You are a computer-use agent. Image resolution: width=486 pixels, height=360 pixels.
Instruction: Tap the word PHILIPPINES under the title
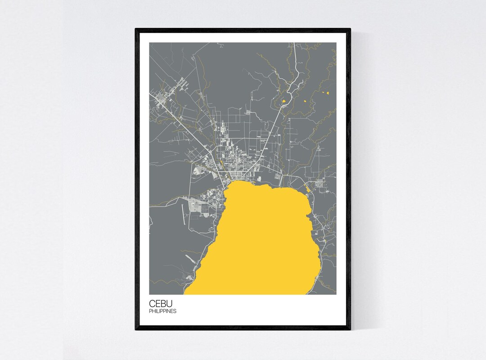[163, 311]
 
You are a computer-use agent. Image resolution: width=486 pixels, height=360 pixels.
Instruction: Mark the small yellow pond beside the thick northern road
[284, 101]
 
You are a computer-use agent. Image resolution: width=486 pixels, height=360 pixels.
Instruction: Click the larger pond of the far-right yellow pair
[328, 93]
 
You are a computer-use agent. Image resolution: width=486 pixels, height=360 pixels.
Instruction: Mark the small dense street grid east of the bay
[319, 183]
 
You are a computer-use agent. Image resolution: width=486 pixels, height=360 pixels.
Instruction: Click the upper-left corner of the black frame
[136, 29]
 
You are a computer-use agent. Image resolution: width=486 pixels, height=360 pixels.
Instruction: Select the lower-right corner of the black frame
[350, 329]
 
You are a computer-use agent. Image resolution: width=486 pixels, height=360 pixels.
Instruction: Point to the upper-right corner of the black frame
[350, 29]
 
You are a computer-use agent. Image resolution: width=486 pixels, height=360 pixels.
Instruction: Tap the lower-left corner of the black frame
[136, 329]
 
